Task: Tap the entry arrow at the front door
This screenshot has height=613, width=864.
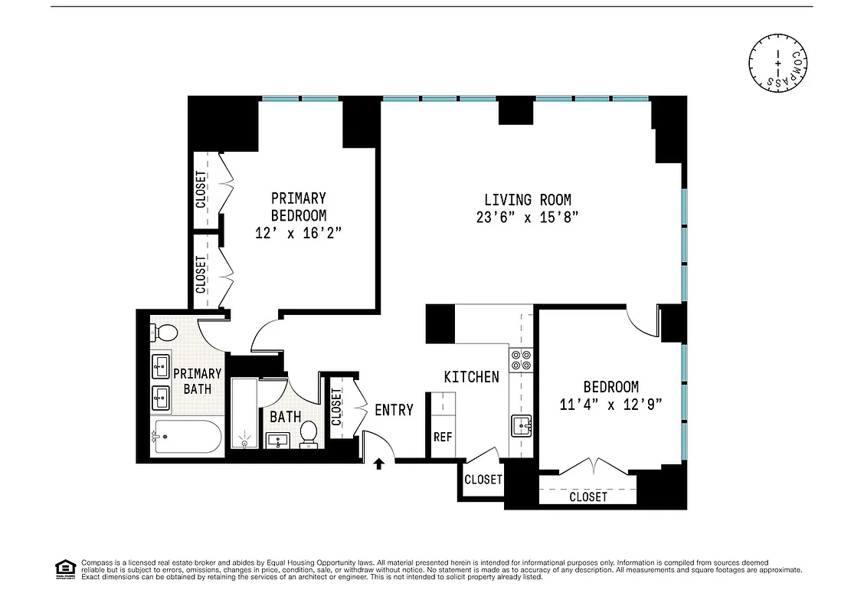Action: click(378, 462)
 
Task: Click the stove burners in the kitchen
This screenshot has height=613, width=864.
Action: click(521, 360)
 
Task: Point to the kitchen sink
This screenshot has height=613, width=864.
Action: click(522, 424)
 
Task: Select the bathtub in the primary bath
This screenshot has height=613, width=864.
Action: click(186, 437)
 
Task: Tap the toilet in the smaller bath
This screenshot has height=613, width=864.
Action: click(309, 433)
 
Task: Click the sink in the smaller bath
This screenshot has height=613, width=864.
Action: click(277, 440)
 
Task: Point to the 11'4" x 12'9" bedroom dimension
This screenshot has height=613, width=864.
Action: click(610, 404)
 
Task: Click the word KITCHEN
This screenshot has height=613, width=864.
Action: click(471, 376)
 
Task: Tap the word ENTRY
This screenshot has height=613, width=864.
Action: click(394, 410)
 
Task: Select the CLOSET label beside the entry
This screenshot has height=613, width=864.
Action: click(337, 406)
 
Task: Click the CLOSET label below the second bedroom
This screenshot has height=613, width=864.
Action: click(587, 497)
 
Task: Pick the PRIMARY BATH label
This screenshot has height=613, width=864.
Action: click(197, 381)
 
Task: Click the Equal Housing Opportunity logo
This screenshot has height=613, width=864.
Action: click(64, 568)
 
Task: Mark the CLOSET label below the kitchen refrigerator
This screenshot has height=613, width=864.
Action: click(483, 480)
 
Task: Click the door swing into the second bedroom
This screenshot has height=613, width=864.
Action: click(640, 321)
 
